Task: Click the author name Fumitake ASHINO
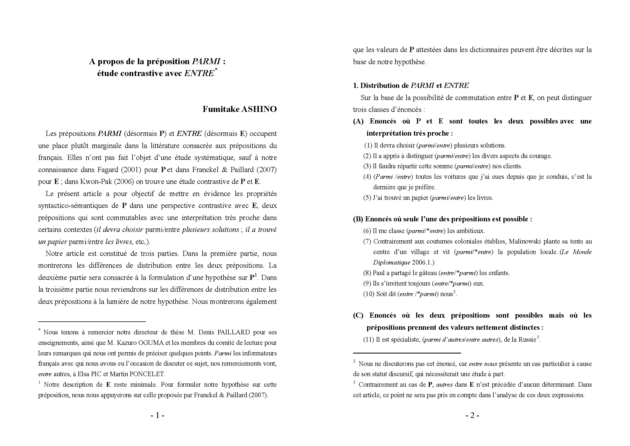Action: coord(239,109)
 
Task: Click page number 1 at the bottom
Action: coord(158,416)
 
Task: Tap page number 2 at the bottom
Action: coord(472,416)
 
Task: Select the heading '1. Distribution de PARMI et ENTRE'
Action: coord(411,86)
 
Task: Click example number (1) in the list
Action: coord(368,146)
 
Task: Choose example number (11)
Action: coord(368,340)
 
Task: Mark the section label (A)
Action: coord(358,121)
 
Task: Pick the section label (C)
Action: coord(358,315)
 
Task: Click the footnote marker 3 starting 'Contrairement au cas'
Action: coord(354,382)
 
